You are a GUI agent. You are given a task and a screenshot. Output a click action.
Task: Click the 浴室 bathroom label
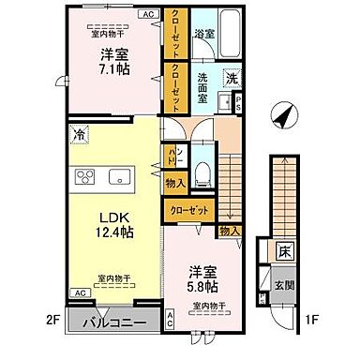pos(203,33)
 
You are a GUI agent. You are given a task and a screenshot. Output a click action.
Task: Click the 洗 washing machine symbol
pos(229,79)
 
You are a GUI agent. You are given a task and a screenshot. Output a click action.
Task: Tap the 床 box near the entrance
pos(285,250)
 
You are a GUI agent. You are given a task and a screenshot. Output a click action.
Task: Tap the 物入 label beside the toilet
pos(175,183)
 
